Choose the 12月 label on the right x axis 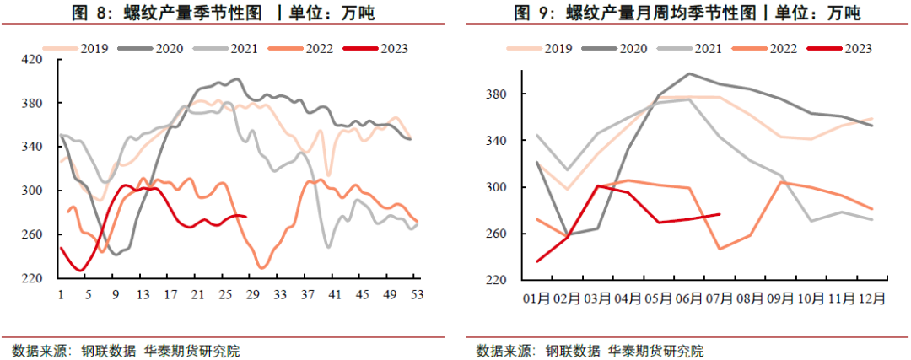pos(871,298)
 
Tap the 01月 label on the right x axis pos(537,298)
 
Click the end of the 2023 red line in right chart pos(720,214)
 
